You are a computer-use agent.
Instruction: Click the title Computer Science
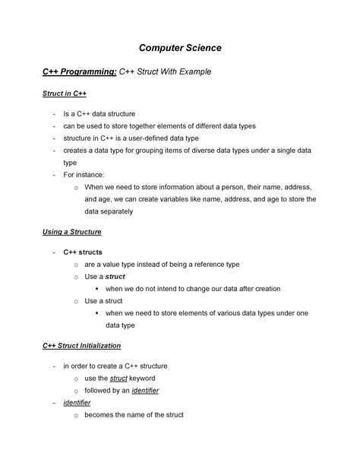click(x=180, y=48)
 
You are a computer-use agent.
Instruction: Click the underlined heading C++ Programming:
click(x=80, y=71)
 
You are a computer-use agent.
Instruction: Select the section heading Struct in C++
click(x=64, y=94)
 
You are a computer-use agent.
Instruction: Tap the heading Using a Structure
click(x=72, y=230)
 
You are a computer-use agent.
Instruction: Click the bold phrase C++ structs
click(x=83, y=252)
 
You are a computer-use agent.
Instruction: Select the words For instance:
click(x=84, y=174)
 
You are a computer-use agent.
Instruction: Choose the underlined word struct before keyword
click(x=118, y=378)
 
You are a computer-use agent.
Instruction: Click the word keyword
click(x=143, y=378)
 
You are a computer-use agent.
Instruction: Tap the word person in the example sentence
click(x=234, y=186)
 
